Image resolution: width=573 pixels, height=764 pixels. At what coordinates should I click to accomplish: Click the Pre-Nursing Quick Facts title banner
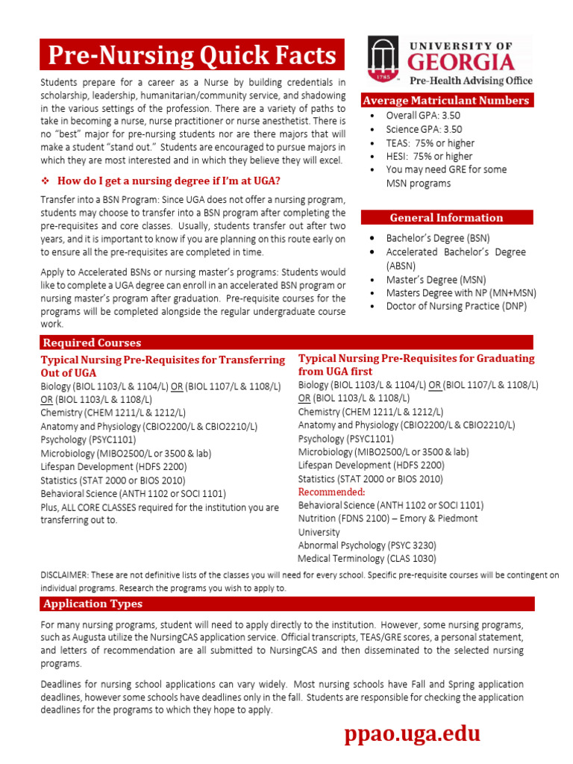(192, 54)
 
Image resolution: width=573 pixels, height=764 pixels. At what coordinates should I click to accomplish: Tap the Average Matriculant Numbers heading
(445, 101)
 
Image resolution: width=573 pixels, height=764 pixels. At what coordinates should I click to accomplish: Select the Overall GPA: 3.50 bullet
(422, 116)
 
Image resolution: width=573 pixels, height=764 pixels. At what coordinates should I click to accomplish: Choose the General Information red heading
(446, 218)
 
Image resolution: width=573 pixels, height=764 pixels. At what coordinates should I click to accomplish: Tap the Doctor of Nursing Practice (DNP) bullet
(456, 306)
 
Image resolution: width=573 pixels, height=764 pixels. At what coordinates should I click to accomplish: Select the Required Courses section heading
(92, 342)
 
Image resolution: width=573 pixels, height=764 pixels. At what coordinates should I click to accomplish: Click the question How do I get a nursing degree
(169, 181)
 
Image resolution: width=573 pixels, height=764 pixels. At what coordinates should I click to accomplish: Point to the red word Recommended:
(331, 492)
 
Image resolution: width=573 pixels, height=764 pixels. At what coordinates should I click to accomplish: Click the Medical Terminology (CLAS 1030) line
(367, 558)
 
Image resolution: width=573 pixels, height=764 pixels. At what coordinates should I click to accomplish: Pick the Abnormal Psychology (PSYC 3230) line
(367, 545)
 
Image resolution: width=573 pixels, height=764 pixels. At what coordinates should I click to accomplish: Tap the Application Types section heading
(93, 604)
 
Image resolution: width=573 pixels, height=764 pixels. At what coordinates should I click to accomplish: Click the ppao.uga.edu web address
(412, 734)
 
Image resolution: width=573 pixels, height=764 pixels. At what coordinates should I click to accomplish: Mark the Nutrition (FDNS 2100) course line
(388, 518)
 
